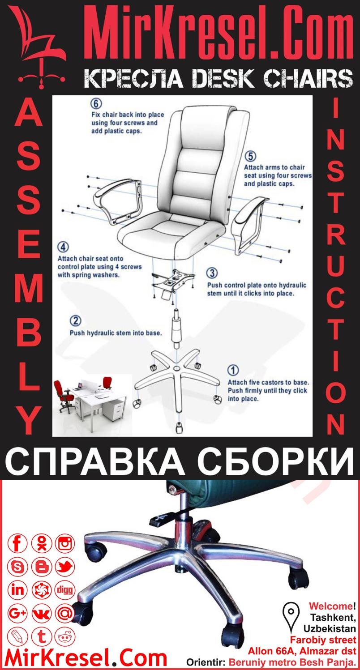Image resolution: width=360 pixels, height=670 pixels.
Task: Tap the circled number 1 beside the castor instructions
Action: [233, 371]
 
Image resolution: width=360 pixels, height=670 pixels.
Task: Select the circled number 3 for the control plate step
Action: [213, 273]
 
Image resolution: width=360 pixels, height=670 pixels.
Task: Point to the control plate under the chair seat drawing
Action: [174, 282]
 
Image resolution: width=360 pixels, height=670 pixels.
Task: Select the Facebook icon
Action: [18, 544]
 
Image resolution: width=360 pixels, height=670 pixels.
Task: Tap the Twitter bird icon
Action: [65, 567]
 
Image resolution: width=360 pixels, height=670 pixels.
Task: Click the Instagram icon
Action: [65, 544]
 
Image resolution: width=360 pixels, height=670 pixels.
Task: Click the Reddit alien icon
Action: [65, 636]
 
